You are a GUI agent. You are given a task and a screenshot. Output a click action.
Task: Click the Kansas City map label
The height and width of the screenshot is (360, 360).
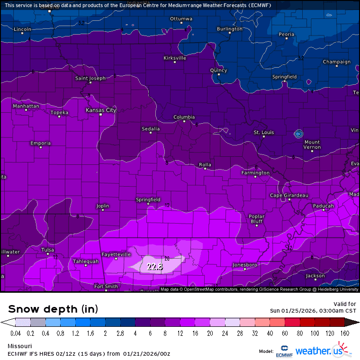click(100, 110)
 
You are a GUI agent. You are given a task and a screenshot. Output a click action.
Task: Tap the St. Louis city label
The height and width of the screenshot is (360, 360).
click(264, 133)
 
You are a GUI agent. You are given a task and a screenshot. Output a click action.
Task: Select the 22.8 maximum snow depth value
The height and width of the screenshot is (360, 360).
click(155, 267)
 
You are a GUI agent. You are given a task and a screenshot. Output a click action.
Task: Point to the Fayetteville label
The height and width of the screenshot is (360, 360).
click(116, 254)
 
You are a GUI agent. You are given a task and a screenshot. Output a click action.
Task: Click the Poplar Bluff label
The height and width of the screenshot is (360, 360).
click(256, 219)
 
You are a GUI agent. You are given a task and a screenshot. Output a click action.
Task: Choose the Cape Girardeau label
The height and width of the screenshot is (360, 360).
click(289, 196)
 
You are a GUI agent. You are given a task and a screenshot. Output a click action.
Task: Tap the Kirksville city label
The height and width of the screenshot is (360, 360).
click(174, 58)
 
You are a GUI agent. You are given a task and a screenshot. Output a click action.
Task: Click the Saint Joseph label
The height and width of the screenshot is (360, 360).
click(90, 79)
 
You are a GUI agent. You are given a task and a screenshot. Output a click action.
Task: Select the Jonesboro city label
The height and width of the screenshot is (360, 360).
click(244, 265)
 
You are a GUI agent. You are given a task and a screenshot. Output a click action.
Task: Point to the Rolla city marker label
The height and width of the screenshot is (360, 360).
click(205, 165)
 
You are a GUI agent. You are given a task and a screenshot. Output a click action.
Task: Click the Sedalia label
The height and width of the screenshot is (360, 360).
click(151, 129)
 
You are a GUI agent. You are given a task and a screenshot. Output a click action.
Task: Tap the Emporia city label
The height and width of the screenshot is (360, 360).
click(40, 143)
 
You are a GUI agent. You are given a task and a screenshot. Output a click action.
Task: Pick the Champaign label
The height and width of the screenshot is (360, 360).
click(337, 62)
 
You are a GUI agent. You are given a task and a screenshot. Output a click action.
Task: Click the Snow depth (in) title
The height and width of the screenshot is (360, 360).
click(53, 309)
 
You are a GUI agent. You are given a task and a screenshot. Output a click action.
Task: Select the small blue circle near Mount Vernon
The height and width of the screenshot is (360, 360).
click(298, 134)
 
